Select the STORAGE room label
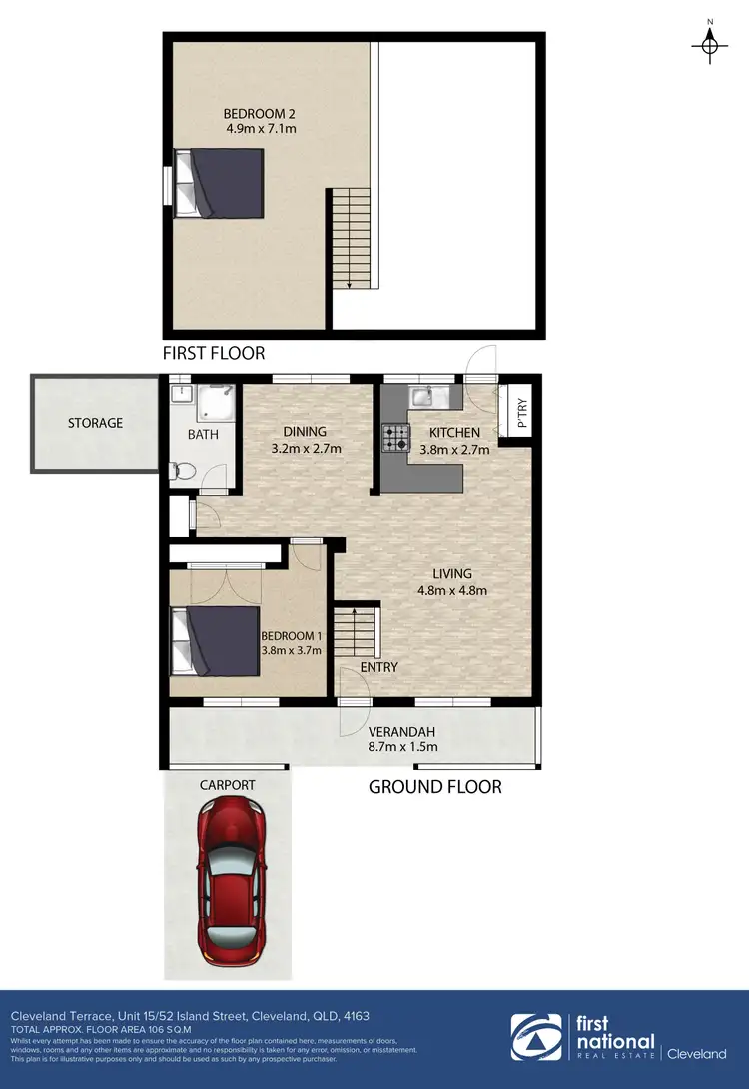(x=96, y=423)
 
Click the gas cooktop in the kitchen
(x=394, y=439)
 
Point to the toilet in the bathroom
(x=181, y=471)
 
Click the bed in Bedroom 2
(x=220, y=183)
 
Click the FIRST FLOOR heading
(x=215, y=353)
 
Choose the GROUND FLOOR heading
(x=435, y=787)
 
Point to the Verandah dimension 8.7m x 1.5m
(x=403, y=746)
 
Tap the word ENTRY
(x=378, y=667)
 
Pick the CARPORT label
(x=228, y=785)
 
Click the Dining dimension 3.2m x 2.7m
(x=307, y=449)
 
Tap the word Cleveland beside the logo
(x=697, y=1054)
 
